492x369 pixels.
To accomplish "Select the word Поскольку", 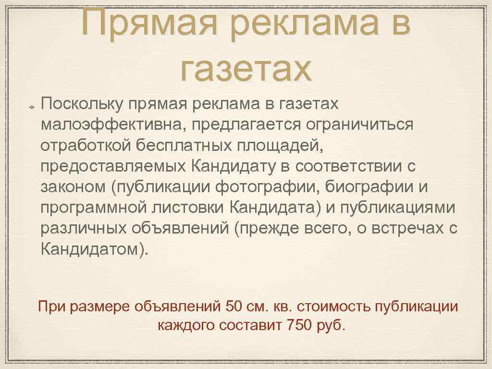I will tap(83, 103).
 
